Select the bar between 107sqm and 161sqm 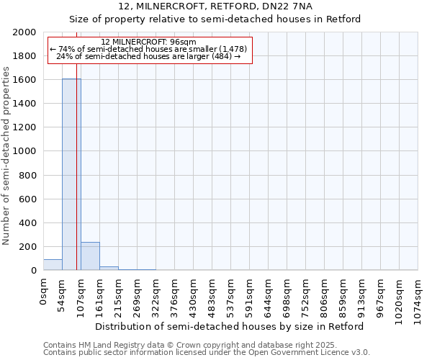coord(90,256)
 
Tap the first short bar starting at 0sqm coord(53,265)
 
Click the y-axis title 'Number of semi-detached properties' coord(7,156)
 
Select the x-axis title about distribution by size coord(230,326)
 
